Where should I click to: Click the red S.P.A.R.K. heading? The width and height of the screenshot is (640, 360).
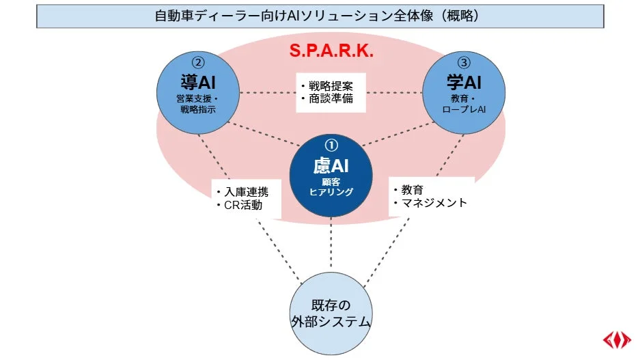pos(332,51)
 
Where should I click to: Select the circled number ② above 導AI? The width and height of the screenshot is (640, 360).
pos(198,62)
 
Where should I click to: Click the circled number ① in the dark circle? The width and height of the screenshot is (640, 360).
pos(331,145)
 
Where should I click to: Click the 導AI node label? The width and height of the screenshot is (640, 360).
pos(198,83)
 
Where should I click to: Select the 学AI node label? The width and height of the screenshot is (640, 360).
pos(464,83)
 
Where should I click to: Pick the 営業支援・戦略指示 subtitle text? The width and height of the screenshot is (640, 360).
pos(198,103)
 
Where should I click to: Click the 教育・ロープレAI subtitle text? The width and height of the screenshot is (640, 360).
pos(464,103)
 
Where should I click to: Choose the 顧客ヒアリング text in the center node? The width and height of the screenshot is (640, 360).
pos(331,186)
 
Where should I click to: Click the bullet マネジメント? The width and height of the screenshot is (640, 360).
pos(432,202)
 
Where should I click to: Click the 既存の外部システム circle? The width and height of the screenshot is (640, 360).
pos(331,314)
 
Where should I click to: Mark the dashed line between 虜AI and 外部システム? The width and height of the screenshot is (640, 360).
pos(331,246)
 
